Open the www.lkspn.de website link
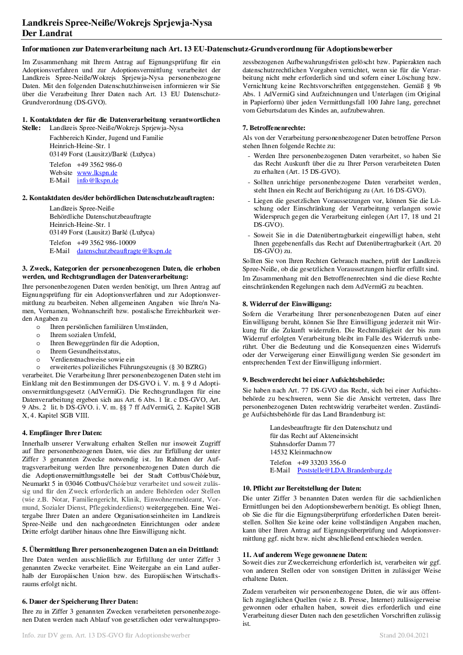tap(97, 173)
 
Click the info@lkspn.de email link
tap(97, 181)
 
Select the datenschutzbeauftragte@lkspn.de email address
tap(124, 251)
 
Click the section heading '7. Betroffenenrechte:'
tap(273, 128)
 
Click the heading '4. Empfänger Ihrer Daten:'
tap(62, 432)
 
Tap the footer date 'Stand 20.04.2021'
tap(404, 634)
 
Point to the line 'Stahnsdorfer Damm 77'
tap(302, 444)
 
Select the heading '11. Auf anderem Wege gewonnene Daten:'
tap(304, 554)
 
